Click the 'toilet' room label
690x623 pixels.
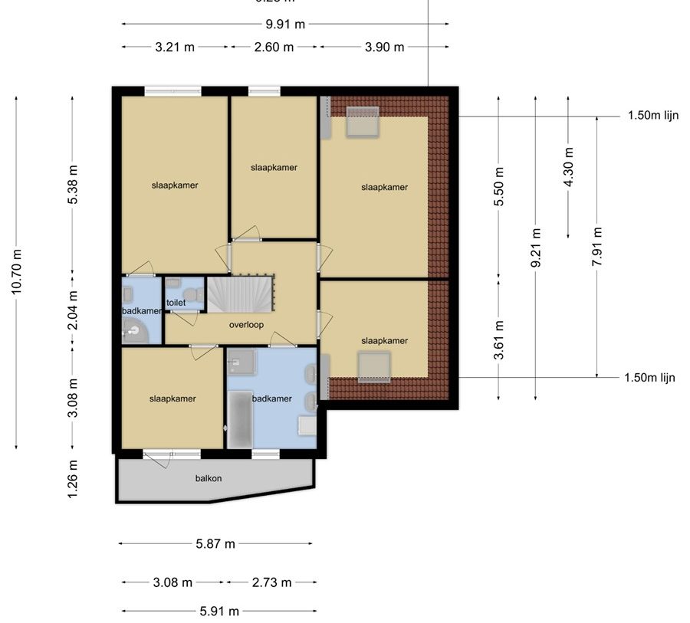pyautogui.click(x=176, y=303)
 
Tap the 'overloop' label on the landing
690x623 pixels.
pyautogui.click(x=246, y=324)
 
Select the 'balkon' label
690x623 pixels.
pyautogui.click(x=209, y=478)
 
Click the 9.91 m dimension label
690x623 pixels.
pyautogui.click(x=285, y=24)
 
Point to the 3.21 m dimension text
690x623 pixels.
pyautogui.click(x=175, y=47)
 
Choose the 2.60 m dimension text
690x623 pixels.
pyautogui.click(x=274, y=47)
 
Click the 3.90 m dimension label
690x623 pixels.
pyautogui.click(x=384, y=47)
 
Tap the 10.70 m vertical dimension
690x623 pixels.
pyautogui.click(x=17, y=272)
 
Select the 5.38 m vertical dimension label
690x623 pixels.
pyautogui.click(x=73, y=185)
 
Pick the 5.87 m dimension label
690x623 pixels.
pyautogui.click(x=215, y=544)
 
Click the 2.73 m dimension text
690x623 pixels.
pyautogui.click(x=272, y=582)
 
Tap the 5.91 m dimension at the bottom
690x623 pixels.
pyautogui.click(x=219, y=611)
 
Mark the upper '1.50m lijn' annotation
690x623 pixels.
pyautogui.click(x=652, y=116)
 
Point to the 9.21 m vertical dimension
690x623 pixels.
pyautogui.click(x=536, y=247)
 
